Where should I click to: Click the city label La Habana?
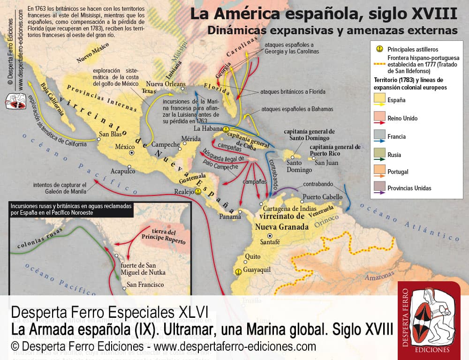click(207, 128)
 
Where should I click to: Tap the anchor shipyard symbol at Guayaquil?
click(238, 271)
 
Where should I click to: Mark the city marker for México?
click(132, 153)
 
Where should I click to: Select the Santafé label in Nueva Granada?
click(270, 242)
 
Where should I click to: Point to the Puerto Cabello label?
click(323, 196)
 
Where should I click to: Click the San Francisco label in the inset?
click(145, 285)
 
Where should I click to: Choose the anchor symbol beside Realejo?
click(198, 191)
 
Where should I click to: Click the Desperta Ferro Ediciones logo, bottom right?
click(429, 321)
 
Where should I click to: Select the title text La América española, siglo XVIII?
click(324, 14)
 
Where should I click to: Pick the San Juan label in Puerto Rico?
click(326, 163)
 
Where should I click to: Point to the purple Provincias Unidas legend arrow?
click(379, 192)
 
